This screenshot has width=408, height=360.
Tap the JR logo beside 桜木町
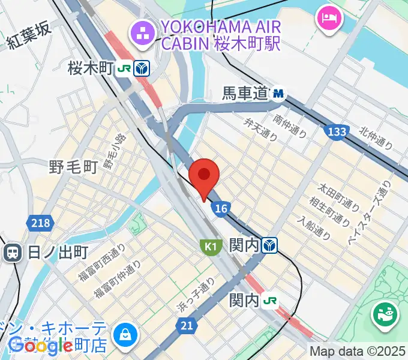(125, 69)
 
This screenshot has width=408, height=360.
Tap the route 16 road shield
(221, 208)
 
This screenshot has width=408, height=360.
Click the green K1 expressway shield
(209, 246)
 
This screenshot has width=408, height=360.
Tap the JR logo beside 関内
(272, 300)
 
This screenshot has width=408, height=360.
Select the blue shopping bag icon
(128, 334)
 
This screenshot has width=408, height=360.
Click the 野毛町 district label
(73, 167)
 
